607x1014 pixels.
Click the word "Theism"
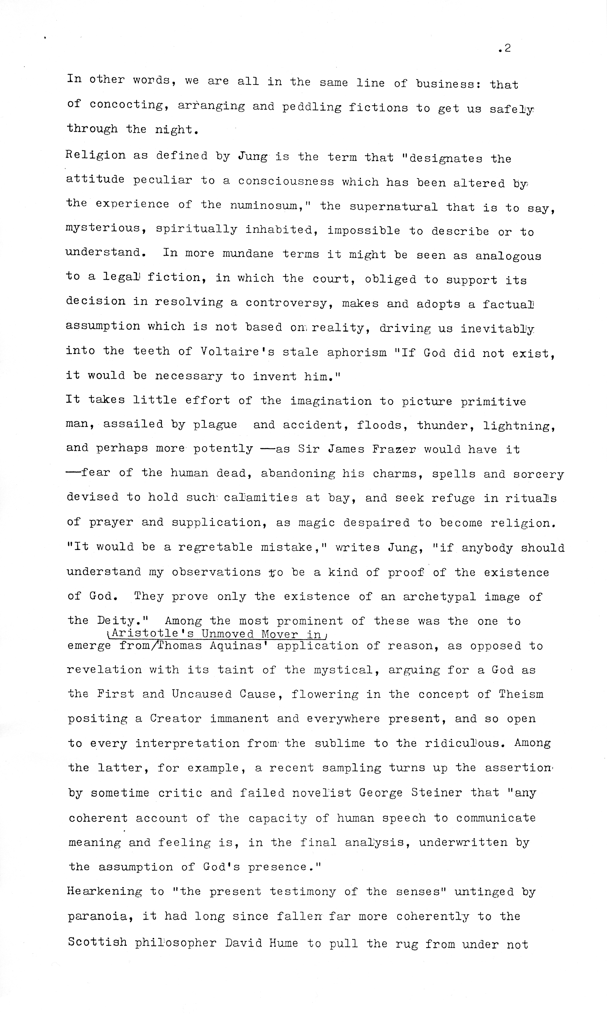pyautogui.click(x=521, y=694)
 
